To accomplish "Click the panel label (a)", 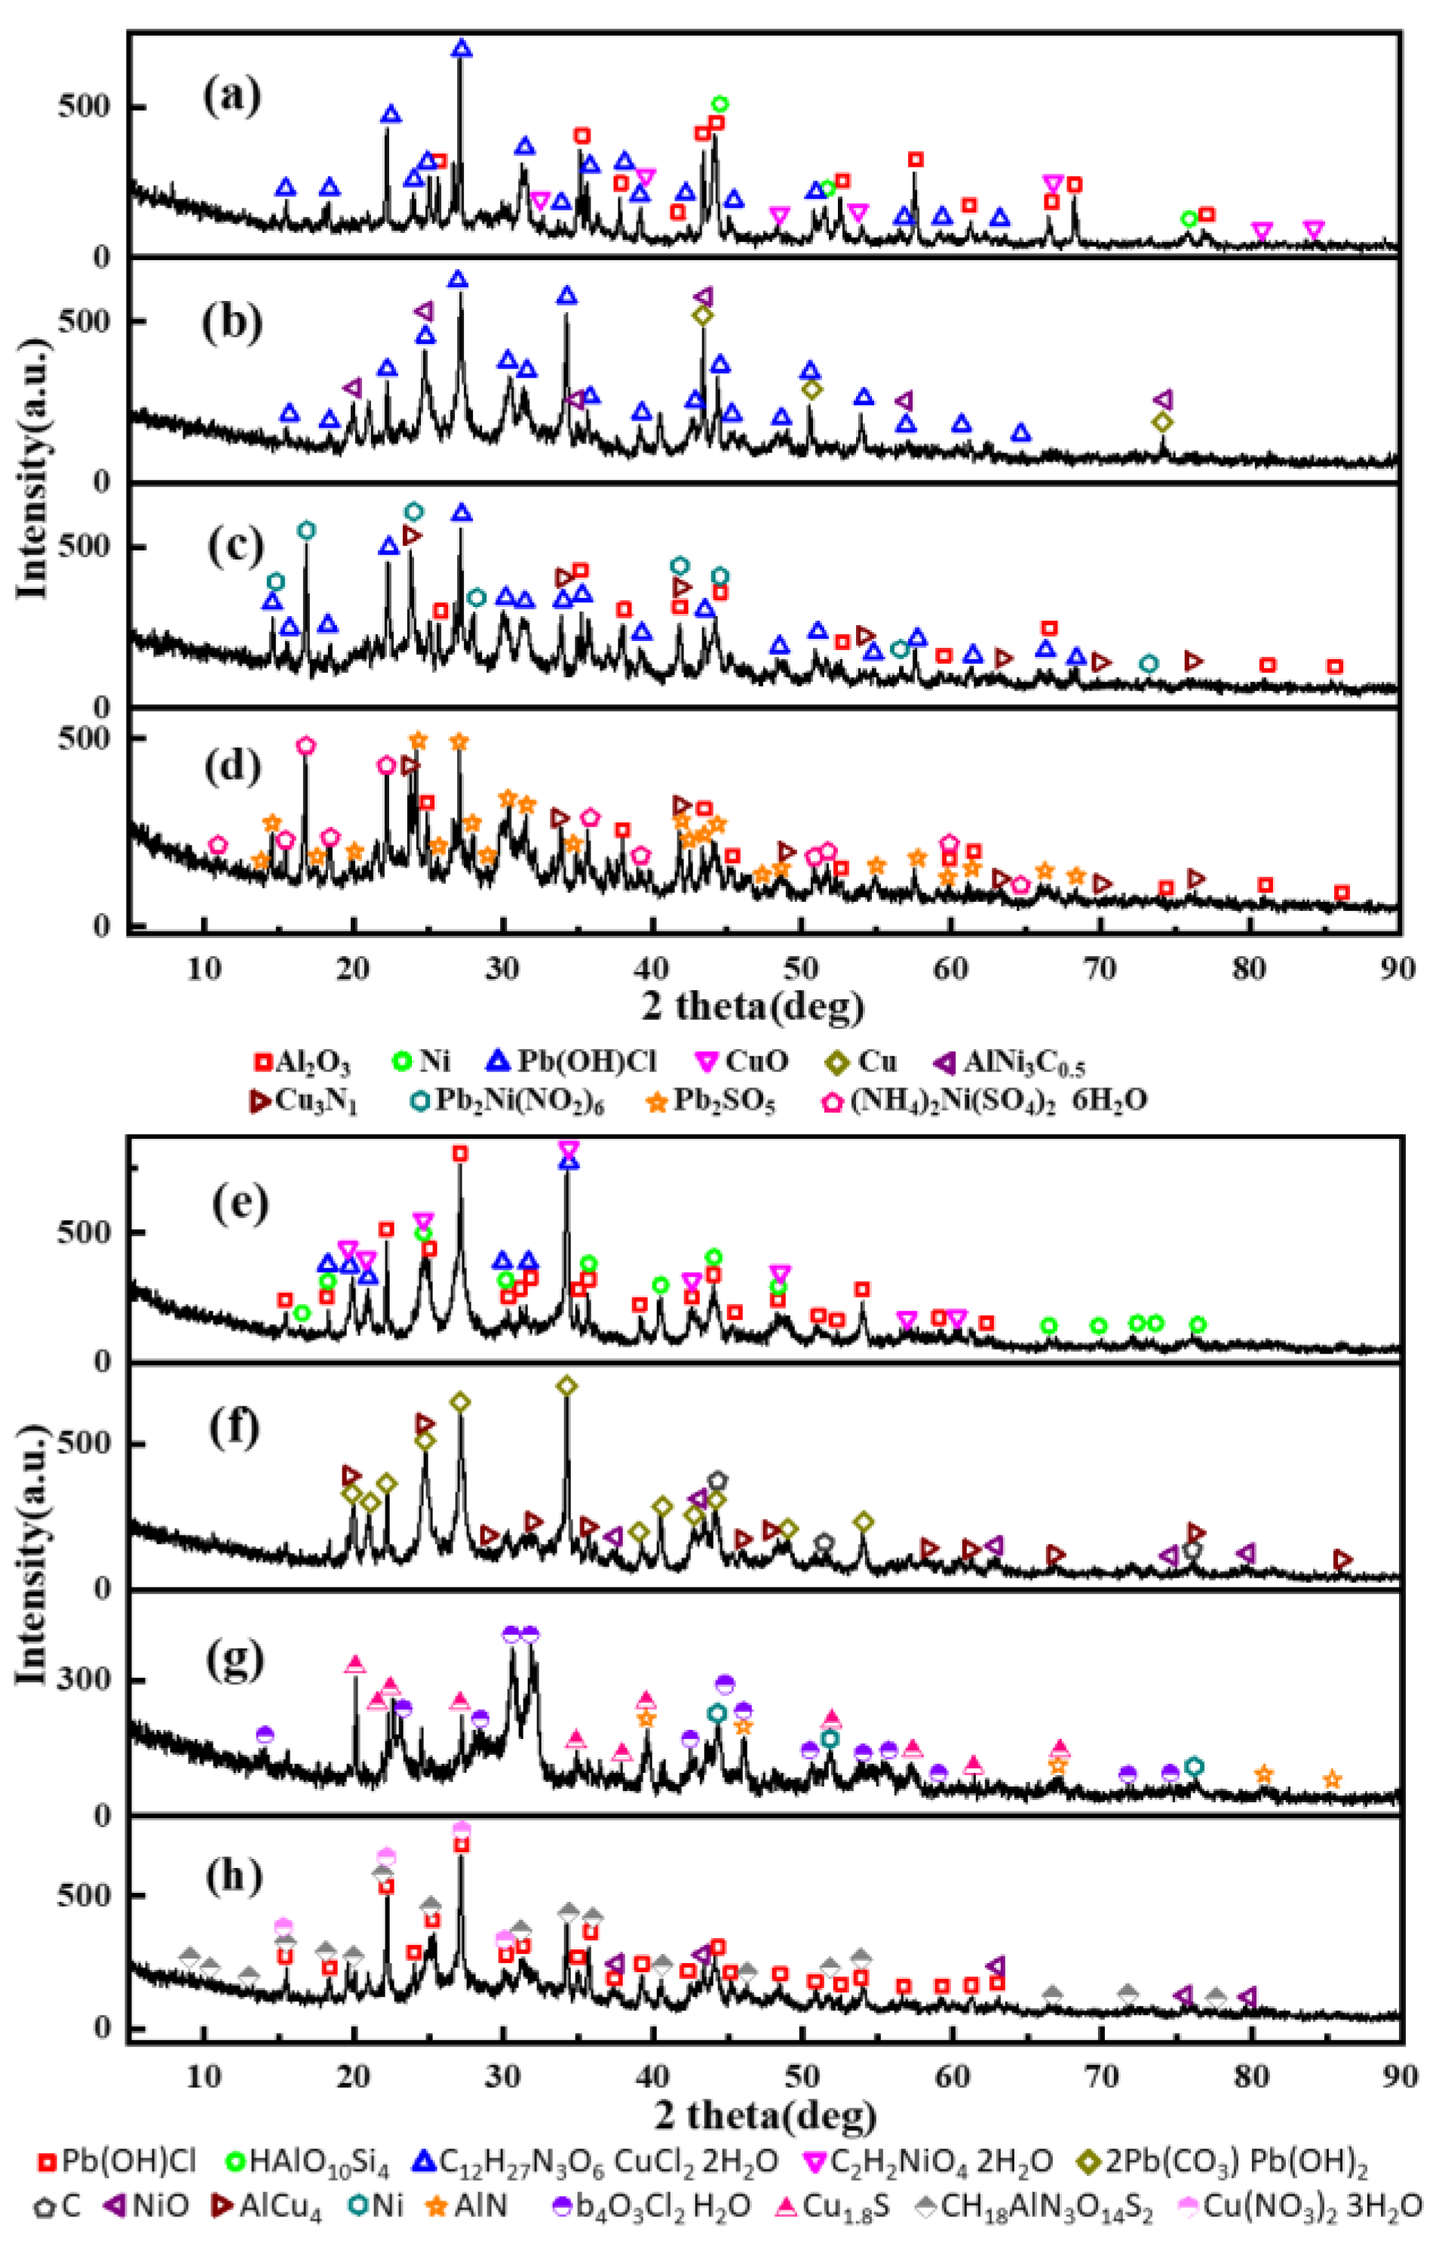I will [x=232, y=96].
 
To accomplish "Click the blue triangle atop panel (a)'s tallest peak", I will [x=462, y=48].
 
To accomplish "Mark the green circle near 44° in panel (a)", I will [x=719, y=104].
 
